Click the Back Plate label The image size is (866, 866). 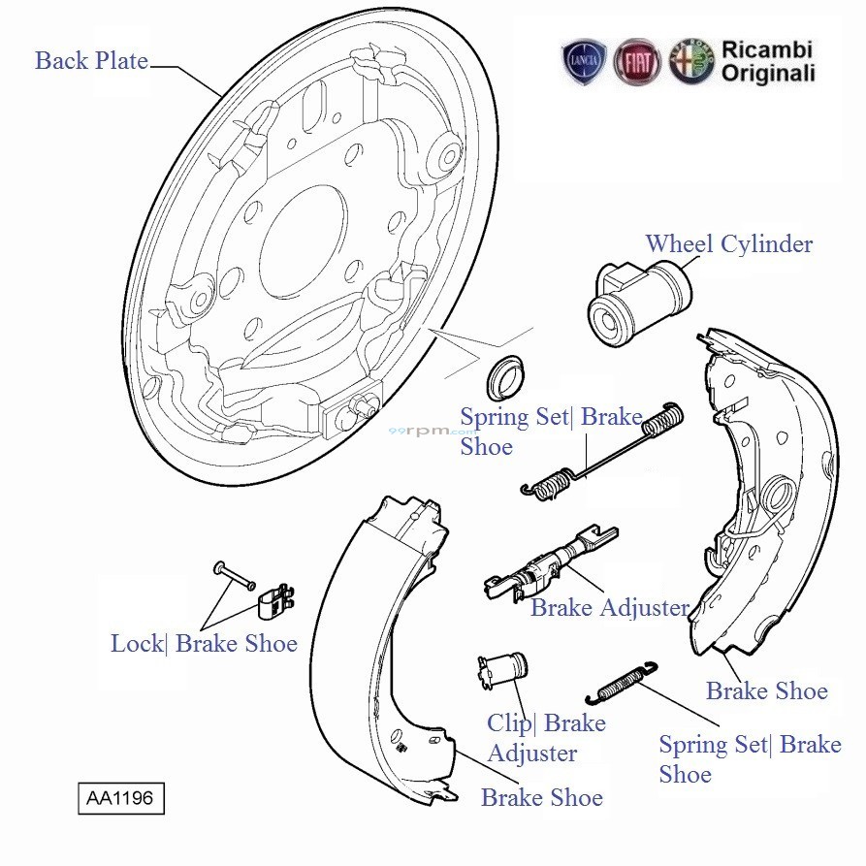[91, 61]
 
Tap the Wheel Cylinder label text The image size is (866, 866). [728, 243]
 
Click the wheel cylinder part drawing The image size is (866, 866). [640, 301]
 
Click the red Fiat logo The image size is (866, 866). [637, 62]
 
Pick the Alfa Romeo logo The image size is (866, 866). [690, 62]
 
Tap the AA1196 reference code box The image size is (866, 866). [122, 799]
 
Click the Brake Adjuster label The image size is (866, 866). [609, 609]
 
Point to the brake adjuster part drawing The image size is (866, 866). [548, 567]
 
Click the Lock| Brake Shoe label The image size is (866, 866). [204, 644]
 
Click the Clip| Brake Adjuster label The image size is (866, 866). [545, 738]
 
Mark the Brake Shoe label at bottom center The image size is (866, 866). [541, 798]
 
